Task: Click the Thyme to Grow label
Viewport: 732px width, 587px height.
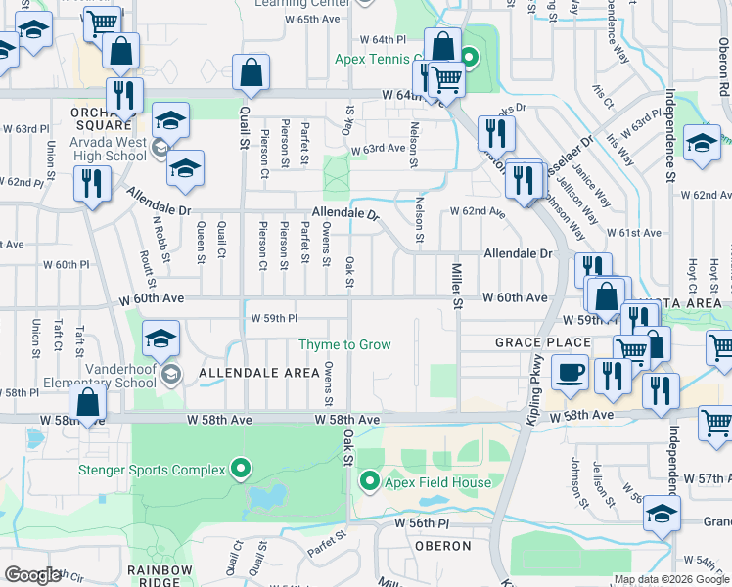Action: coord(344,344)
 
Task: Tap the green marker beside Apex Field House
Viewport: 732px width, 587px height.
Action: coord(370,480)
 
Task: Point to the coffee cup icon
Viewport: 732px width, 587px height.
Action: coord(570,372)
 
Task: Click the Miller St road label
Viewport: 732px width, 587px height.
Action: coord(456,285)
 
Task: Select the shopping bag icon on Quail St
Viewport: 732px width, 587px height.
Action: coord(251,72)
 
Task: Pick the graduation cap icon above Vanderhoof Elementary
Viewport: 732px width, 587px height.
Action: coord(161,339)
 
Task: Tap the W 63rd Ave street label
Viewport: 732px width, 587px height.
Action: coord(378,149)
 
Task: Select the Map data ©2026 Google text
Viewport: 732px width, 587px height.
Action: coord(670,579)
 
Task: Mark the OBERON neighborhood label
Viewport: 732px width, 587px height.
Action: coord(443,546)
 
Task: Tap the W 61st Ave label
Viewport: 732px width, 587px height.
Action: coord(634,233)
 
